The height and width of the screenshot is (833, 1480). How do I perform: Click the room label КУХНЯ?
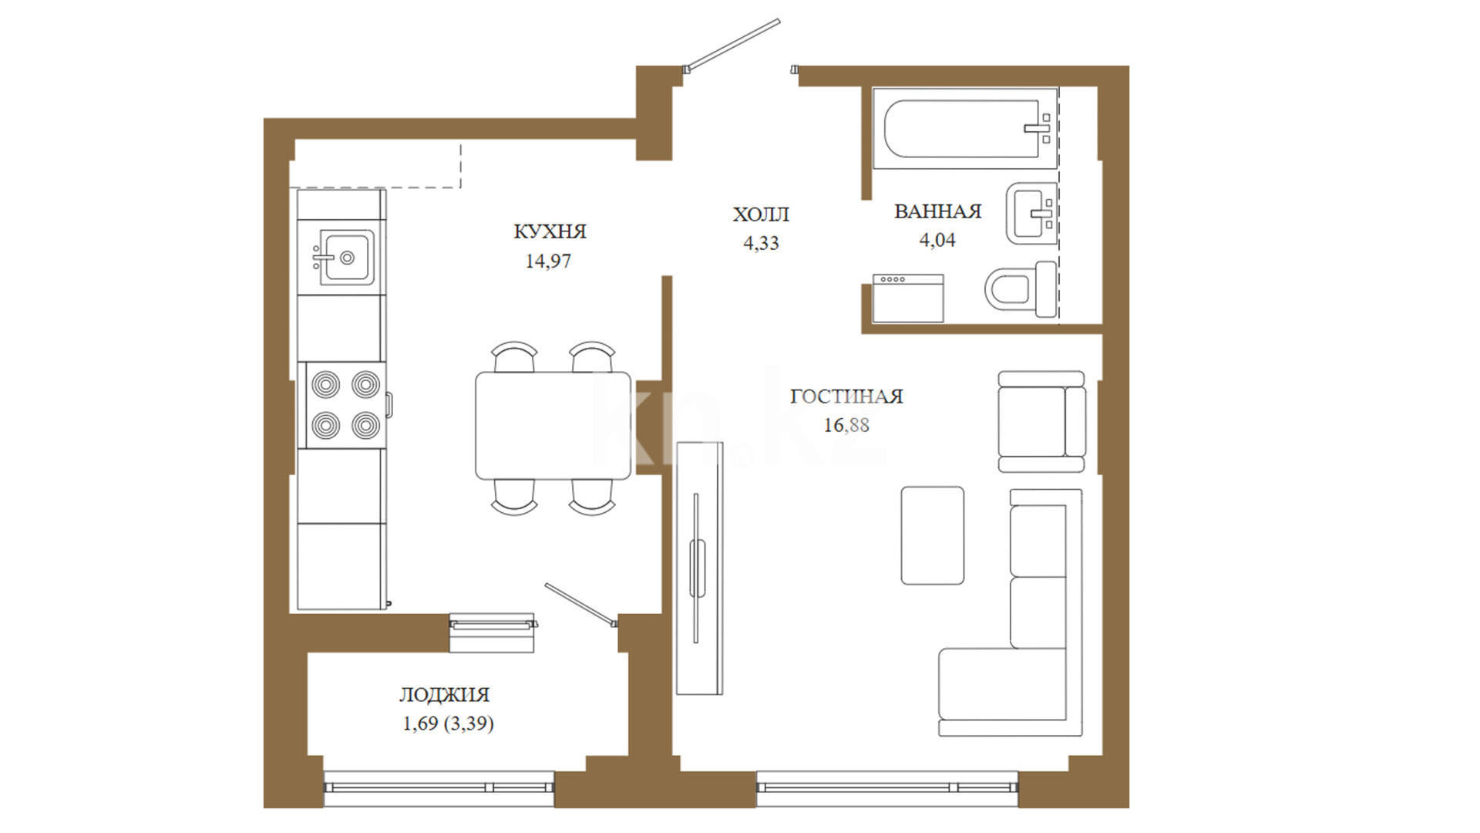pos(550,231)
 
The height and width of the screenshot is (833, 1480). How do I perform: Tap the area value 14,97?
pos(548,261)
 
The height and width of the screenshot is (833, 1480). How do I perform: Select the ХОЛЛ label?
pos(761,214)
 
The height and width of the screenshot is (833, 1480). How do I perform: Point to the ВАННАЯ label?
pos(937,211)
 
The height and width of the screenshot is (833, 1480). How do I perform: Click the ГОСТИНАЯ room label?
pos(846,396)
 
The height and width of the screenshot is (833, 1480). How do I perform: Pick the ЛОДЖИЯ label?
pos(444,695)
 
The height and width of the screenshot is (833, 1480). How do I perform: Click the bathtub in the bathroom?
pos(964,128)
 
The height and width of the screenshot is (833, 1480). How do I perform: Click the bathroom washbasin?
pos(1031,213)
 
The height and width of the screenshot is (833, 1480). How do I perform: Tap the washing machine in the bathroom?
pos(908,298)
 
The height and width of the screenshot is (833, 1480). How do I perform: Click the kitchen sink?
pos(346,257)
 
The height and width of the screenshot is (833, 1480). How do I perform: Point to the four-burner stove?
pos(345,405)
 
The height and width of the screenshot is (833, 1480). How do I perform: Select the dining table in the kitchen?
pos(553,426)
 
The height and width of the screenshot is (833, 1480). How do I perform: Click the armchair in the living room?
pos(1041,421)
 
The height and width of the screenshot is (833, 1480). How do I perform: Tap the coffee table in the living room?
pos(933,535)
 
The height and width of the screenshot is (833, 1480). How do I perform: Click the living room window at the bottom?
pos(887,787)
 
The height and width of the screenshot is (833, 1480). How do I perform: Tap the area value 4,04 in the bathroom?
pos(937,241)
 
